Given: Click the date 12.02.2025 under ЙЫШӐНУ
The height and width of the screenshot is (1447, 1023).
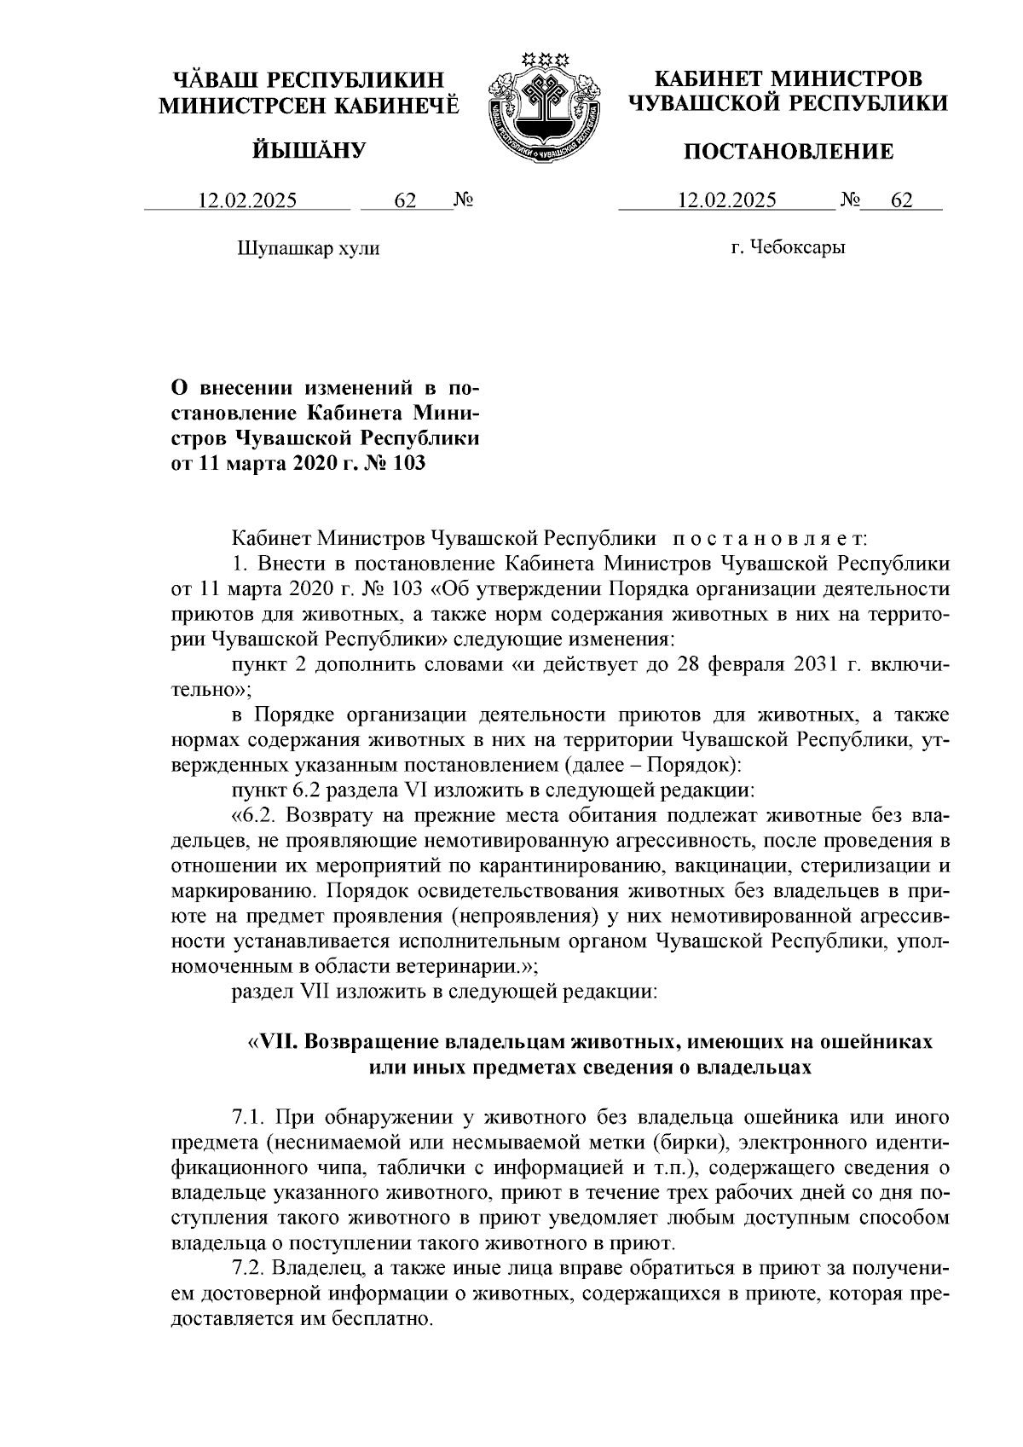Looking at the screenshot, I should click(x=247, y=201).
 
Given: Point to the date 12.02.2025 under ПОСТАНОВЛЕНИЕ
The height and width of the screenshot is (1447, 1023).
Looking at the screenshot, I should click(x=726, y=201).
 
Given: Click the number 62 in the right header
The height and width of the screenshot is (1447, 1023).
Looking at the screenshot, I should click(x=901, y=201).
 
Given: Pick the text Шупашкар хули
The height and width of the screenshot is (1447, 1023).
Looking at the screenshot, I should click(x=308, y=249).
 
